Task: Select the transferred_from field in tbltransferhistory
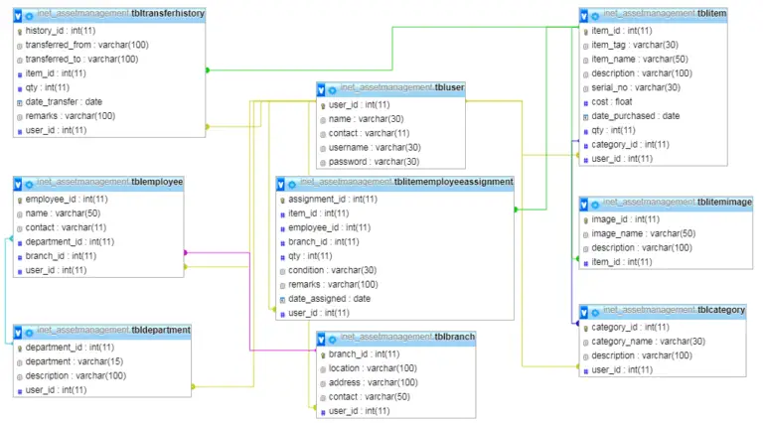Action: coord(86,45)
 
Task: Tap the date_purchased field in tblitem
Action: coord(635,115)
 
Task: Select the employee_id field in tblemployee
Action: coord(67,199)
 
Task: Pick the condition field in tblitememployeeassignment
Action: coord(332,269)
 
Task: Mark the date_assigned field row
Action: coord(329,298)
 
